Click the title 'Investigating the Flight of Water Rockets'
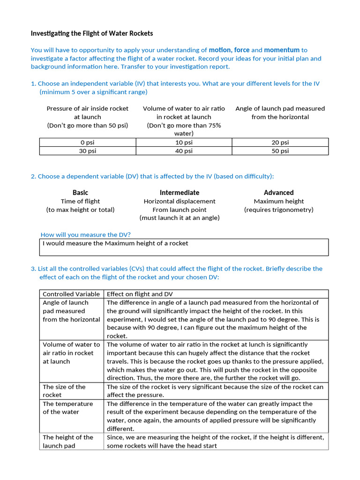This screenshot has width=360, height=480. [92, 34]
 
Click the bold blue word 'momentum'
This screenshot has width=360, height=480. [281, 50]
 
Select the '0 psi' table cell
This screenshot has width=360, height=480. [87, 142]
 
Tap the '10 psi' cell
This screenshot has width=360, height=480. [184, 142]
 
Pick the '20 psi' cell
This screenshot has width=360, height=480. [280, 142]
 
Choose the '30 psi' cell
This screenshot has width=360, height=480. [87, 151]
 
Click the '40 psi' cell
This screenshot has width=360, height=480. [184, 151]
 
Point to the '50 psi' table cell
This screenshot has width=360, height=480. [280, 151]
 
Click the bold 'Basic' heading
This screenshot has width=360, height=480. [80, 193]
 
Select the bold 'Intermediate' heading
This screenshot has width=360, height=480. [180, 193]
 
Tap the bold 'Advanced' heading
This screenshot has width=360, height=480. [278, 193]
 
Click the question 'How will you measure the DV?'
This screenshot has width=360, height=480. [86, 234]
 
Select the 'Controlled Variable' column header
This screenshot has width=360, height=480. [71, 294]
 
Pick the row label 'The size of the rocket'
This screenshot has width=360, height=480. [64, 390]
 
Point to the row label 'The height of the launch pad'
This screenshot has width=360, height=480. [68, 441]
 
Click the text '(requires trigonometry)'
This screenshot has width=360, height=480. [278, 210]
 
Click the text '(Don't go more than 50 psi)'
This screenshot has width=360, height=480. [87, 125]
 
